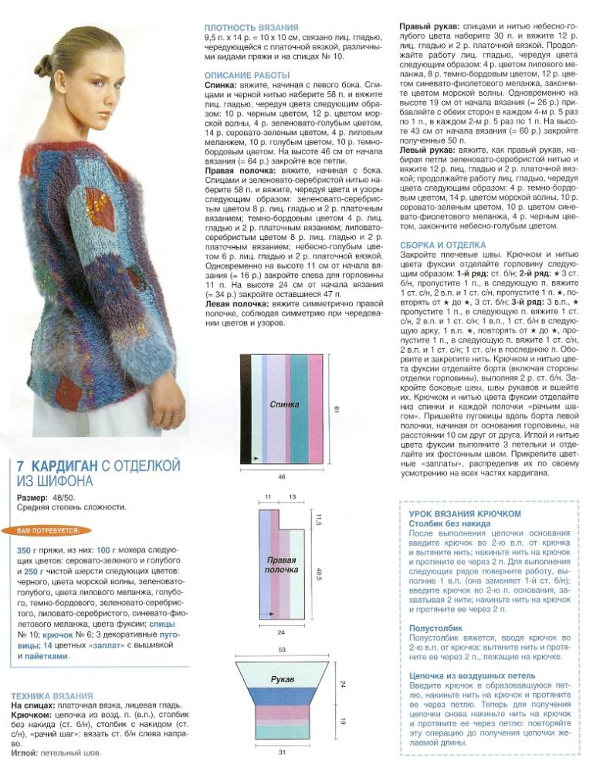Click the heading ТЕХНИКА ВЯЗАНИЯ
click(53, 695)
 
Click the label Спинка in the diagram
click(284, 404)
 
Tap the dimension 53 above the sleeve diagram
click(282, 650)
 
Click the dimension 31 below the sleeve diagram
click(282, 754)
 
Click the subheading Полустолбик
click(435, 627)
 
